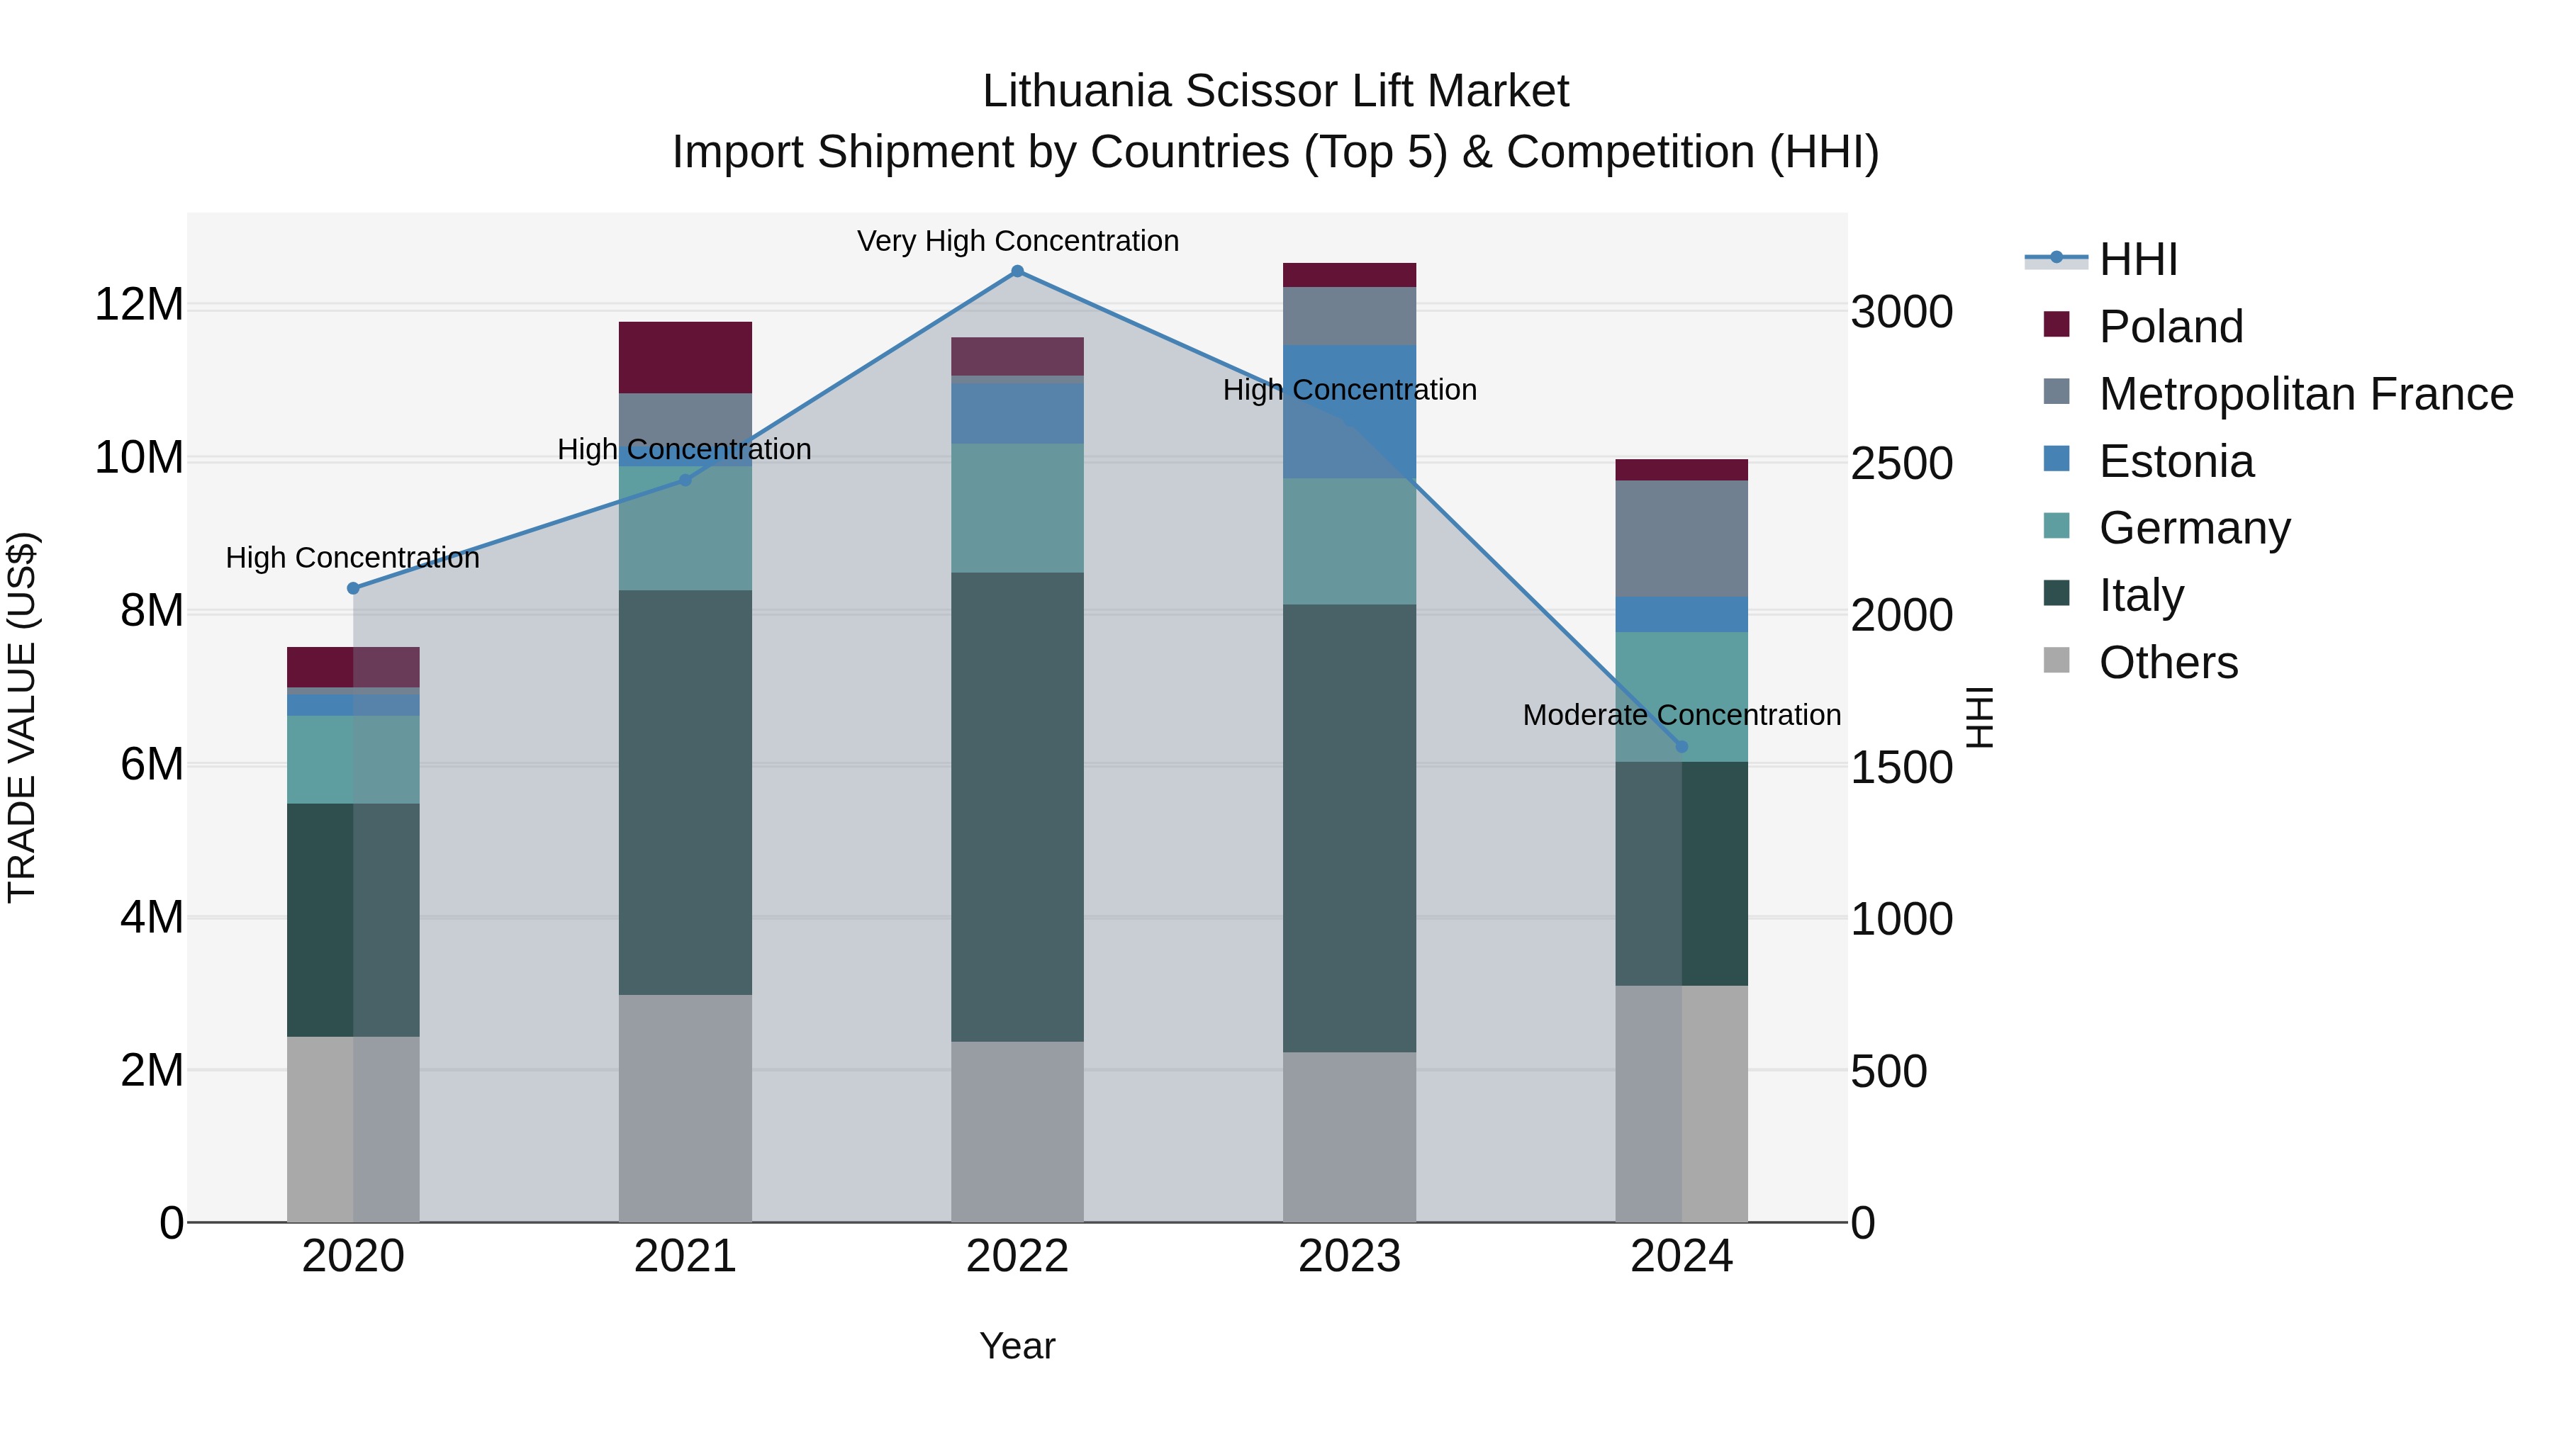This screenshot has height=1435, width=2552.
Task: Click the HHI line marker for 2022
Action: coord(1017,271)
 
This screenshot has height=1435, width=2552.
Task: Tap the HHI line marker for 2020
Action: coord(353,588)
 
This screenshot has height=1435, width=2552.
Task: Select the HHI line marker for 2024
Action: coord(1681,747)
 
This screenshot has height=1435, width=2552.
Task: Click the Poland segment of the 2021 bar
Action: coord(685,358)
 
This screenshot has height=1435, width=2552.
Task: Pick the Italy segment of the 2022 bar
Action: coord(1017,806)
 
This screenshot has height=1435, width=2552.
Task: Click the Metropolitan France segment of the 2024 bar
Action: coord(1681,539)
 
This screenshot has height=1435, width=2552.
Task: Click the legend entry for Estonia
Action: coord(2176,461)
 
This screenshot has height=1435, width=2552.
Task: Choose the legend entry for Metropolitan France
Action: coord(2305,394)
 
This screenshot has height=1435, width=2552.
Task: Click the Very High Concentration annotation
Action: coord(1017,242)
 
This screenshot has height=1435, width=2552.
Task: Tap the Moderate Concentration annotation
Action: coord(1681,715)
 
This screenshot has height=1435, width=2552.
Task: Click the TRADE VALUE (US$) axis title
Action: coord(22,717)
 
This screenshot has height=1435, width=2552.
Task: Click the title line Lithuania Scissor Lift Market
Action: coord(1275,91)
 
